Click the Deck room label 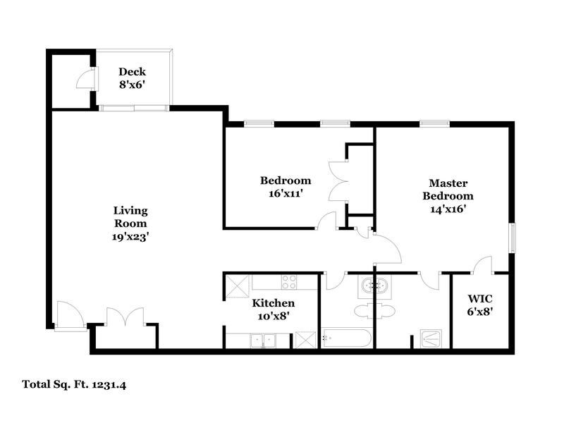(x=132, y=71)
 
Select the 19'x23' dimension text (x=130, y=237)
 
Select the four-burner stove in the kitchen (x=290, y=282)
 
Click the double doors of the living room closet (x=125, y=317)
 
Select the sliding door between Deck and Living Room (x=133, y=108)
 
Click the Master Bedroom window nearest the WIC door (x=513, y=237)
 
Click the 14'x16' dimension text (x=448, y=209)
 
